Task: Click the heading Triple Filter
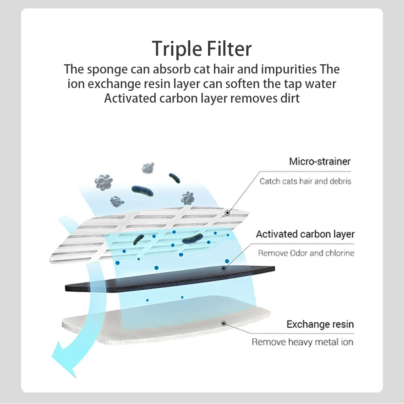(x=202, y=48)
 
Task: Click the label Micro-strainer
(x=320, y=162)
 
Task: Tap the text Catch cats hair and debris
(x=305, y=181)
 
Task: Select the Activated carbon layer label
(x=305, y=234)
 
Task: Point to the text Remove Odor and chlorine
(x=306, y=253)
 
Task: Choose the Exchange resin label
(x=320, y=324)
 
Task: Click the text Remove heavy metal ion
(x=302, y=342)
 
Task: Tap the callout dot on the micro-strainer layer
(x=227, y=212)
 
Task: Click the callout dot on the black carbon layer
(x=223, y=268)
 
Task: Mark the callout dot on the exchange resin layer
(x=223, y=323)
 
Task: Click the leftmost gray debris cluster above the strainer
(x=103, y=183)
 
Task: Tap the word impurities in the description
(x=289, y=69)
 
